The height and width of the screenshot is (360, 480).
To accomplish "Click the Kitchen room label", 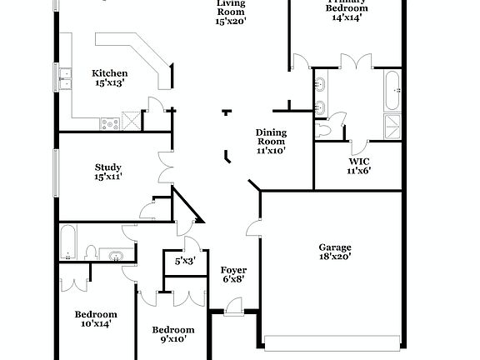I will click(109, 77).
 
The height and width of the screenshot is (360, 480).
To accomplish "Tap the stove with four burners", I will click(110, 123).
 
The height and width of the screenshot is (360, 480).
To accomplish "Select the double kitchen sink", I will click(64, 77).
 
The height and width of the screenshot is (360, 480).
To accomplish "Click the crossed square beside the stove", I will click(129, 120).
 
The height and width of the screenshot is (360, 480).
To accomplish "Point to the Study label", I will click(109, 172).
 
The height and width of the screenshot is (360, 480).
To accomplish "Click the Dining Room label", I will click(271, 142).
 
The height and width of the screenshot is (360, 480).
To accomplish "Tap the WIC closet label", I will click(358, 165).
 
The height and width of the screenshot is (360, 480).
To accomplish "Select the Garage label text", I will click(335, 252).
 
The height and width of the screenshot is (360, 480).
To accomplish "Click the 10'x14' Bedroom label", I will click(95, 319).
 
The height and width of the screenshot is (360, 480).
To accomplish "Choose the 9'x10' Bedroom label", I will click(172, 334).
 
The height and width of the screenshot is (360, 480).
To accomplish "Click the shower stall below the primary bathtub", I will click(392, 125).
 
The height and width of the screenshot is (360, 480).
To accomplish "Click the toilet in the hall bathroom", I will click(94, 252).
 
